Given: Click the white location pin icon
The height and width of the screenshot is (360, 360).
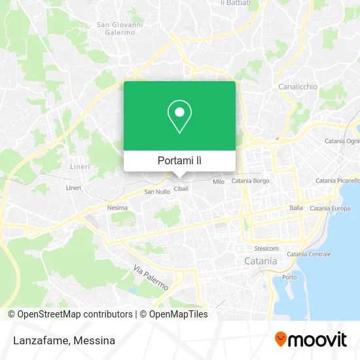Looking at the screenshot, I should click(x=179, y=117).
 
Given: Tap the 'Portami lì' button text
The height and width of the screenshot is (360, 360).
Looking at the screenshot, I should click(x=179, y=160).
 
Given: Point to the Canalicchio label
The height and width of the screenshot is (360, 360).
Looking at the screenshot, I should click(x=298, y=86).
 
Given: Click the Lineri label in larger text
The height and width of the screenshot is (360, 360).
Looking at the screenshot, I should click(x=81, y=166).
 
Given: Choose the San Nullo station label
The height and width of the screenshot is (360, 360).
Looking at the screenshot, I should click(x=156, y=192).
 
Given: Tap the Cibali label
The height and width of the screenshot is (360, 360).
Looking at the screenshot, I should click(x=181, y=189).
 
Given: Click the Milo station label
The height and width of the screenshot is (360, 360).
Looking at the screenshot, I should click(x=219, y=181).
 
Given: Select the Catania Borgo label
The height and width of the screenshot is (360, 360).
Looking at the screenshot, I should click(x=250, y=181).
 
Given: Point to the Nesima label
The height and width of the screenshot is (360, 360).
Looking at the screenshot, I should click(x=117, y=207).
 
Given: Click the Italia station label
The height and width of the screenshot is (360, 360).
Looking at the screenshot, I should click(x=296, y=207).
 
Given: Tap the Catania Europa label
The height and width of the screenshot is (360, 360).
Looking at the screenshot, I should click(x=329, y=208).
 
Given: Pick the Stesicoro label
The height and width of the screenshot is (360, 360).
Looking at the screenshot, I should click(x=266, y=249).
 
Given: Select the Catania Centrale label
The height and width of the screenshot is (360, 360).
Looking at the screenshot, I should click(x=308, y=254).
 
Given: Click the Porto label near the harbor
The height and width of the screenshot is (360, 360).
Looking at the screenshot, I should click(x=289, y=278).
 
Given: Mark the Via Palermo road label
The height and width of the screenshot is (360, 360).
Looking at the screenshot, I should click(x=151, y=278).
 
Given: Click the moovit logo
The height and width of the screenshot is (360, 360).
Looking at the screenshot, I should click(x=311, y=340).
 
